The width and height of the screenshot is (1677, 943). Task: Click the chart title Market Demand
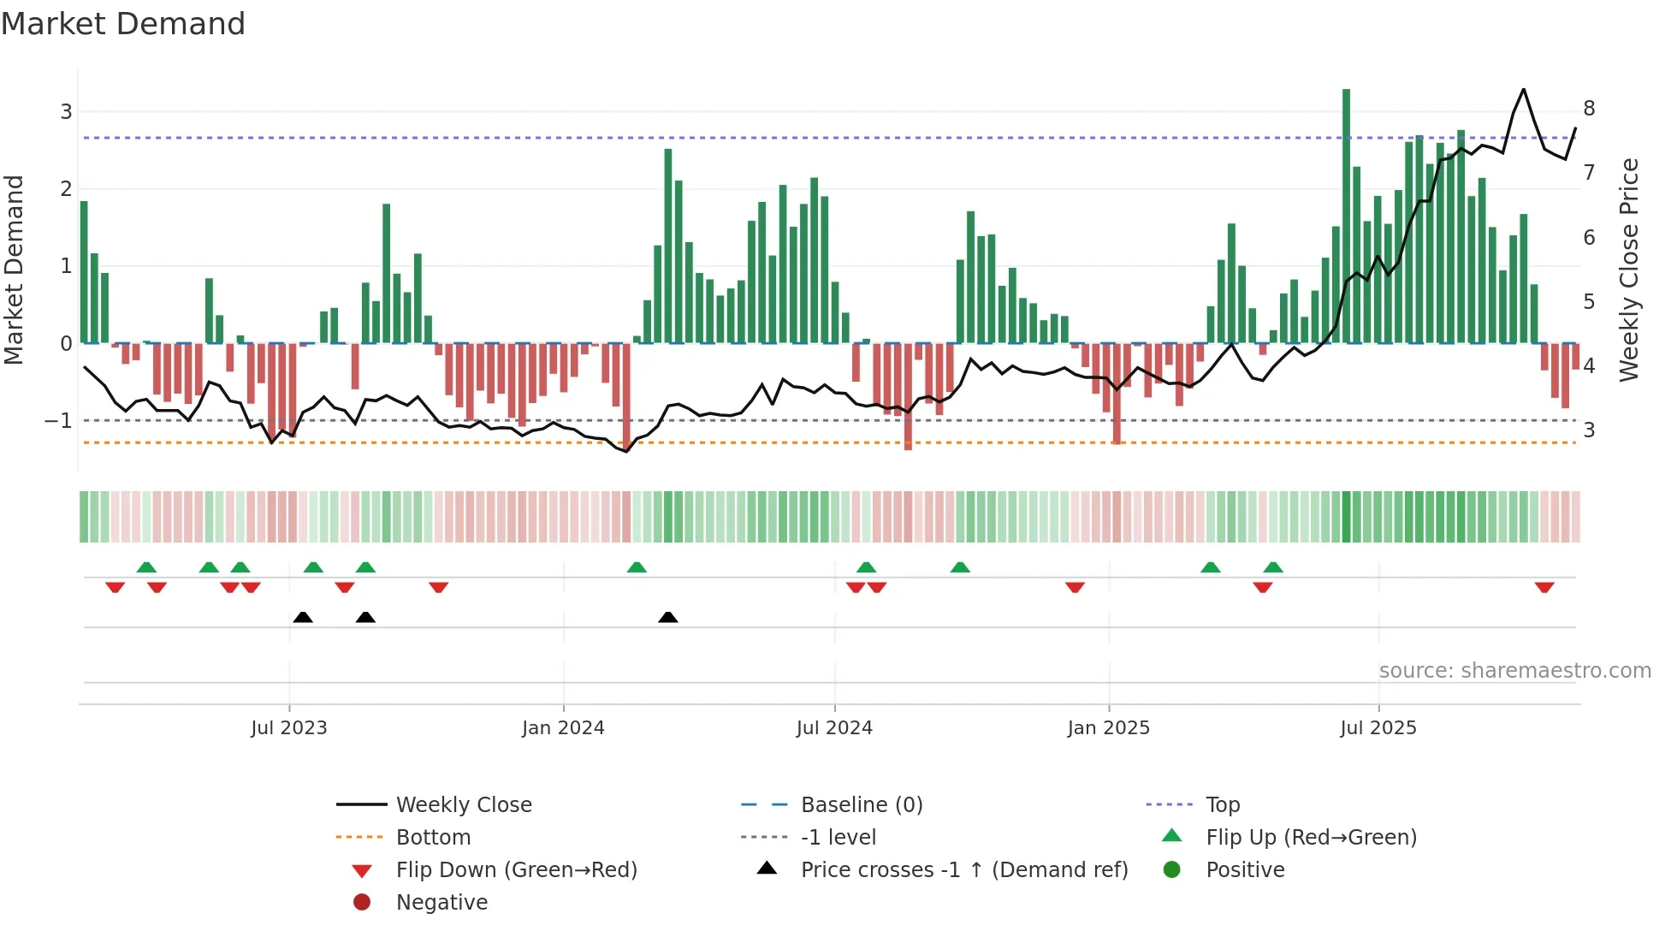(x=123, y=24)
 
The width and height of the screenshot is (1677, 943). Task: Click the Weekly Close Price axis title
(x=1629, y=270)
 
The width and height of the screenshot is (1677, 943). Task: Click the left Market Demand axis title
(x=14, y=270)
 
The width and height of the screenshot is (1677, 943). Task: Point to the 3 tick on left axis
(x=66, y=112)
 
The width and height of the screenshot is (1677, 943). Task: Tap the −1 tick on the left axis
(x=58, y=421)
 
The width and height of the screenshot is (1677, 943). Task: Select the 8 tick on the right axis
(x=1589, y=109)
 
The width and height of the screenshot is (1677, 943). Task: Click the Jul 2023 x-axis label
(x=289, y=728)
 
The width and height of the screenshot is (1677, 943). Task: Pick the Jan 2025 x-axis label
(x=1109, y=728)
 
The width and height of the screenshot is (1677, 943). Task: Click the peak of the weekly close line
(x=1523, y=89)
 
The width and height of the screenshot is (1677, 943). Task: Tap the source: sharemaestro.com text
(x=1514, y=671)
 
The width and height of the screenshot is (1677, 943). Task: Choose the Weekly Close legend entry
(x=464, y=805)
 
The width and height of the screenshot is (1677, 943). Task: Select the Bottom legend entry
(x=433, y=838)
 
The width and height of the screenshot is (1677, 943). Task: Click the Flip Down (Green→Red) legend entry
(x=516, y=870)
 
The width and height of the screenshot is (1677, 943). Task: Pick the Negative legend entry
(x=441, y=903)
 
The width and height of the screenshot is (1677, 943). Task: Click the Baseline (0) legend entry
(x=862, y=805)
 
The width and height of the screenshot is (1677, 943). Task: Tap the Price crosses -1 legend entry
(x=964, y=870)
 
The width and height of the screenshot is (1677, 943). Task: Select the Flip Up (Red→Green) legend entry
(x=1311, y=838)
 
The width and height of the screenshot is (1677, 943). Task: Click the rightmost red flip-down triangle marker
(x=1544, y=587)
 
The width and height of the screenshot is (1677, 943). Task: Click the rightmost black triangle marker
(x=668, y=617)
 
